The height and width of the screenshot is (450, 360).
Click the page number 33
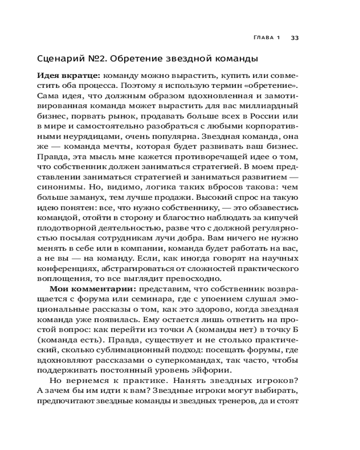point(295,37)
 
